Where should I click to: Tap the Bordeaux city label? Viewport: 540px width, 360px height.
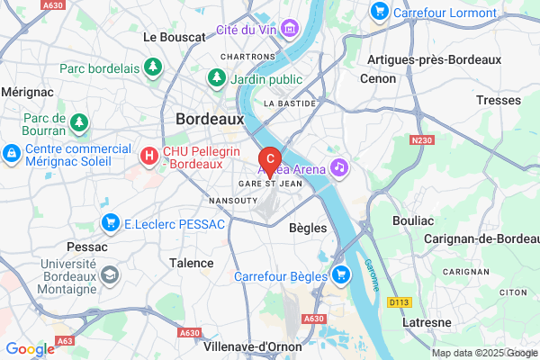pyautogui.click(x=210, y=118)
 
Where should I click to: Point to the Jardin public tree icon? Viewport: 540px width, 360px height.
pyautogui.click(x=216, y=78)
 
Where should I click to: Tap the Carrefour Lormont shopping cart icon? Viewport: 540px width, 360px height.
pyautogui.click(x=379, y=12)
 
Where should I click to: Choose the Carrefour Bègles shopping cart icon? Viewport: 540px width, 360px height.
pyautogui.click(x=341, y=274)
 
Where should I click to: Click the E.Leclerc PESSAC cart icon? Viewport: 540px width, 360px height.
pyautogui.click(x=112, y=222)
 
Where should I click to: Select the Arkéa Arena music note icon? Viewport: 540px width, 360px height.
pyautogui.click(x=339, y=166)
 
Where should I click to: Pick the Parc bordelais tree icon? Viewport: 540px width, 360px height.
pyautogui.click(x=154, y=67)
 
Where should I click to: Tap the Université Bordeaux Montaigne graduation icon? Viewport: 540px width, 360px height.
pyautogui.click(x=109, y=273)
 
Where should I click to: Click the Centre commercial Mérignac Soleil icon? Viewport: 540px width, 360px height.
pyautogui.click(x=13, y=155)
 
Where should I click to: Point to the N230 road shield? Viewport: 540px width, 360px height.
pyautogui.click(x=421, y=141)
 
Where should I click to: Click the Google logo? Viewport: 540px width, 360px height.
pyautogui.click(x=30, y=349)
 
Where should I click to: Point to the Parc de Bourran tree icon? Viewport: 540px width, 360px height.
pyautogui.click(x=80, y=121)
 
